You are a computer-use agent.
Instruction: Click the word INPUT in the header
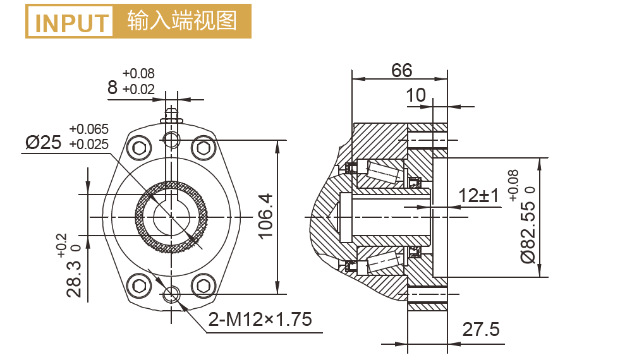coord(71,22)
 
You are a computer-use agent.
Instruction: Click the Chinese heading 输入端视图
coord(182,21)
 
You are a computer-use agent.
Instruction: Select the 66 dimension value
coord(401,70)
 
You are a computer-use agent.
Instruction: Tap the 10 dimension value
coord(415,95)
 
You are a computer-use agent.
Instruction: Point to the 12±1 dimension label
coord(478,195)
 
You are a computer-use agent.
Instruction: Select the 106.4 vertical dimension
coord(265,217)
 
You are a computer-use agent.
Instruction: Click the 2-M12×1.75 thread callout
coord(260,320)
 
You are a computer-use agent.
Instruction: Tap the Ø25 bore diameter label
coord(44,142)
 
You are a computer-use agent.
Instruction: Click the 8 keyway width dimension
coord(112,87)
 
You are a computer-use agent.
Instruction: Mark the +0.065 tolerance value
coord(88,129)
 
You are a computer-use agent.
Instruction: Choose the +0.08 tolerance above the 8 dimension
coord(138,73)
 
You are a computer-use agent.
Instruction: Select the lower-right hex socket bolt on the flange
coord(203,284)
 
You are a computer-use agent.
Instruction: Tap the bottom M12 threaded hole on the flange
coord(171,294)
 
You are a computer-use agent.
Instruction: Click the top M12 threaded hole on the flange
coord(171,139)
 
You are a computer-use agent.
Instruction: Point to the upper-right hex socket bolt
coord(203,149)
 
